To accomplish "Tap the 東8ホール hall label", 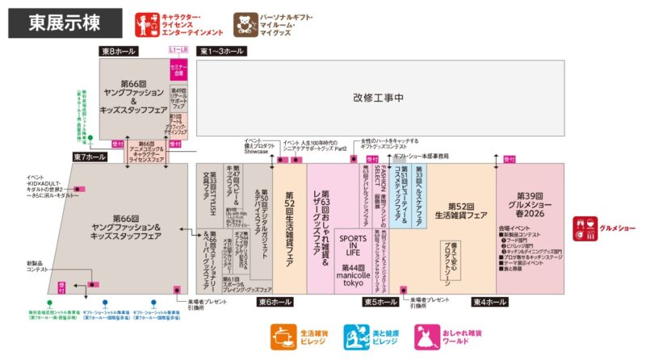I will coord(120,52).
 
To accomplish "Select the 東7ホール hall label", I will coord(90,157).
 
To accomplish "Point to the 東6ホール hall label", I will coord(275,302).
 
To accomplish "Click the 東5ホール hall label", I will coord(380,302).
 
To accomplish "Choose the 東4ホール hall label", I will coord(489,302).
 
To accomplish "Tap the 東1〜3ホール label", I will coord(221,52).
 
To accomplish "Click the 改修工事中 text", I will coord(378,98).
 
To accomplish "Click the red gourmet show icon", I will coord(585,228).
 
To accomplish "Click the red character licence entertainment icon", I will coord(147,25).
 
